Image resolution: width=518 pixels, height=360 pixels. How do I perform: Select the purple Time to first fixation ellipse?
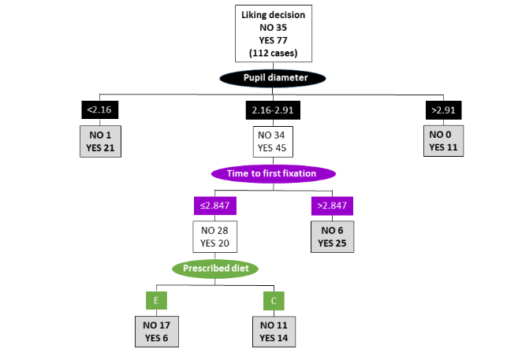coord(273,173)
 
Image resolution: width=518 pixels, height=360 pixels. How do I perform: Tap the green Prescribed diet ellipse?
coord(215,269)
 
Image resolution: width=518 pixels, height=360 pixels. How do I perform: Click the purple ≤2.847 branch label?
coord(214,206)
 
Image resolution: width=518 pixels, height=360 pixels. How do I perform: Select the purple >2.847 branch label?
coord(330,206)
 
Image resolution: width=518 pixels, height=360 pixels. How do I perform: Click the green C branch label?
coord(274,300)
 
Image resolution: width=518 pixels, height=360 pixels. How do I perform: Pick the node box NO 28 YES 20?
coord(214,236)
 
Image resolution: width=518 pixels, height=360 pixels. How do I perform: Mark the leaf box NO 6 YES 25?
coord(330,236)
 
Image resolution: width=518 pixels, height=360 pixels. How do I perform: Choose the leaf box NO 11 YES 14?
coord(274,331)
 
